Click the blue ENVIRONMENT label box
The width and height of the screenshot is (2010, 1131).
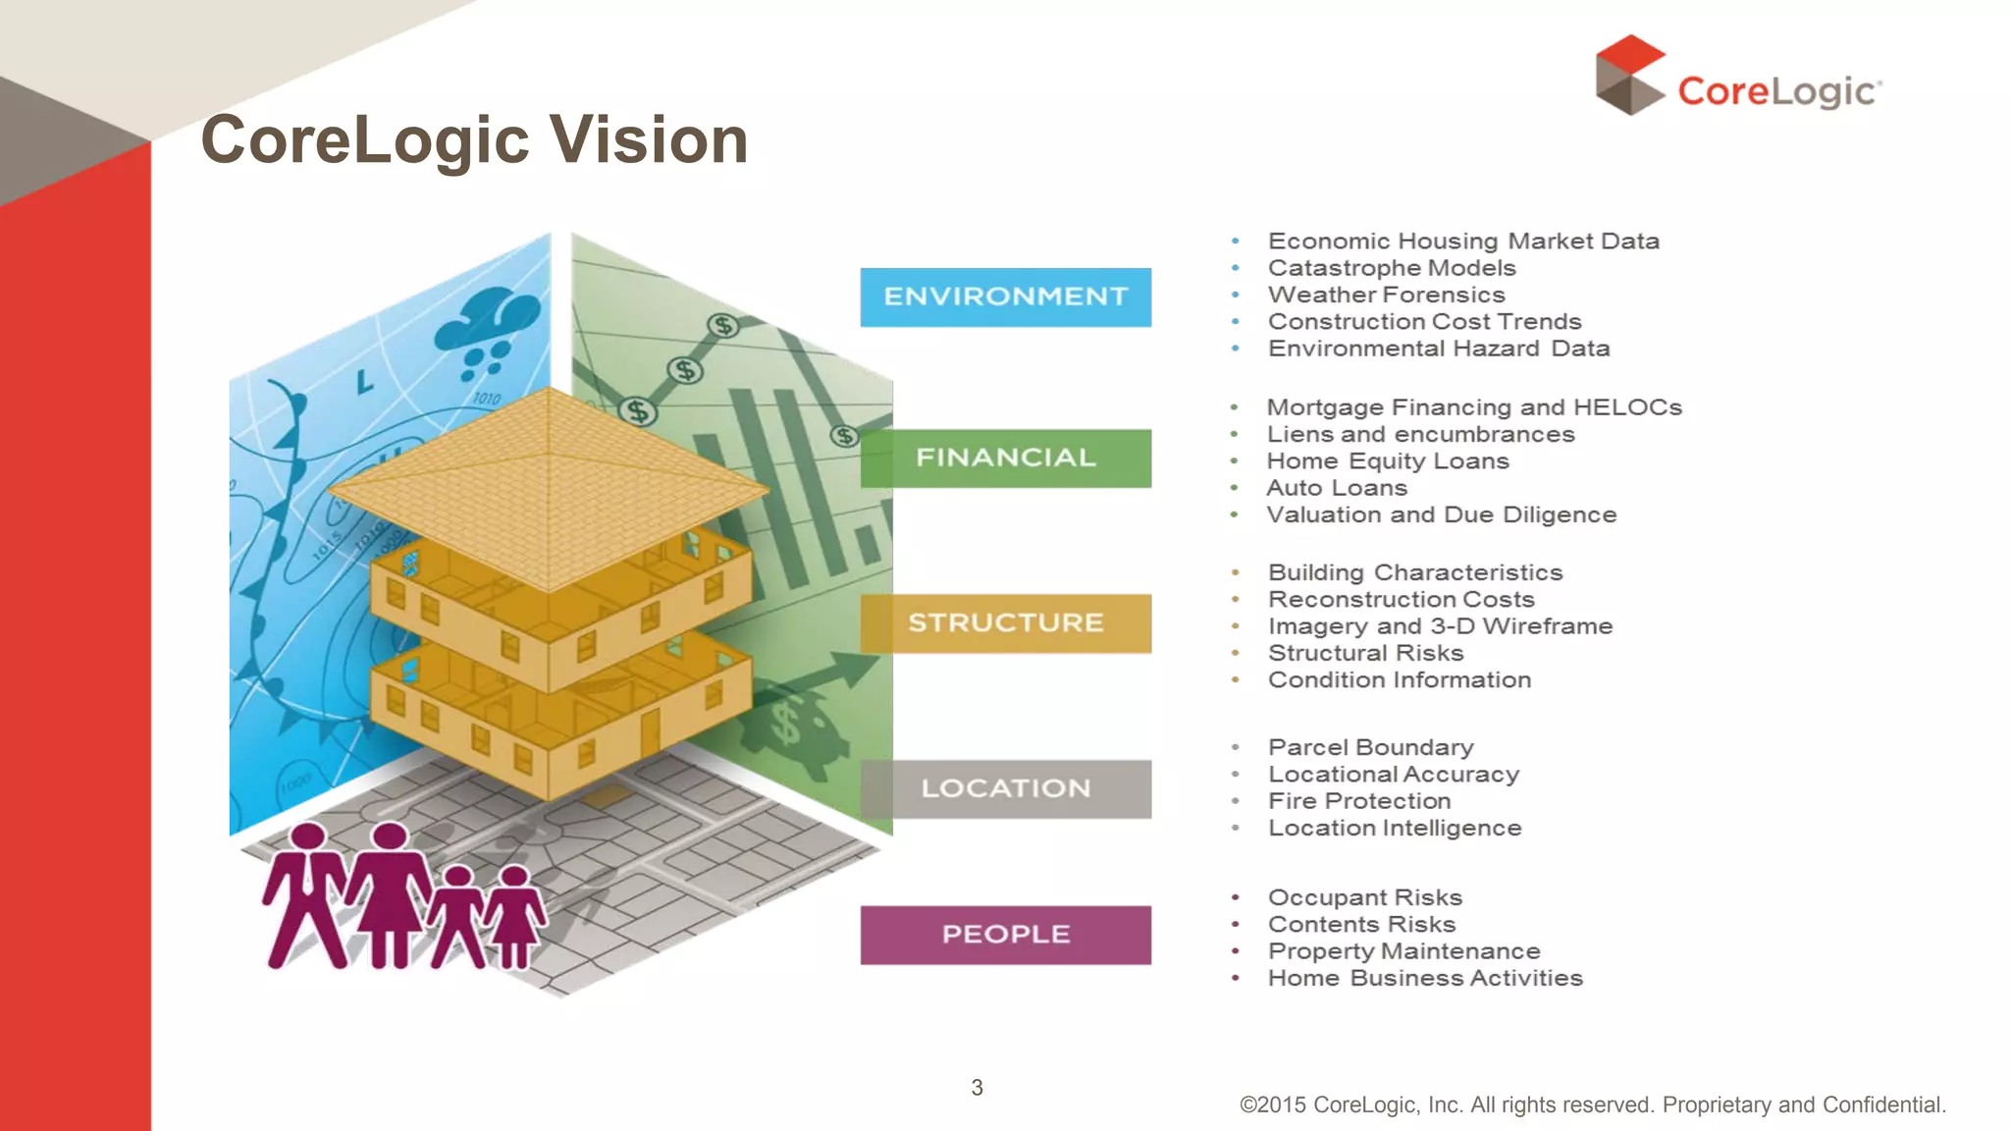point(1005,296)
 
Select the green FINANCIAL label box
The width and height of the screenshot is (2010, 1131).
point(1005,458)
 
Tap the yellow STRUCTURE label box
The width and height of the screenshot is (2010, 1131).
point(1005,622)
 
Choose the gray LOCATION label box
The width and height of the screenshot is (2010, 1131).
point(1005,788)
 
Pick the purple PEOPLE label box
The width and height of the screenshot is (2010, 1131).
point(1005,934)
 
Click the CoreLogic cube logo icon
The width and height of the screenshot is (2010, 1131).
point(1629,75)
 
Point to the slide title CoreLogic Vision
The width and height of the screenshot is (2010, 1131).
point(474,139)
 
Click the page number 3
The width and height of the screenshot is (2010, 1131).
point(977,1087)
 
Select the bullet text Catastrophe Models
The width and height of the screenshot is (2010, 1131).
point(1391,268)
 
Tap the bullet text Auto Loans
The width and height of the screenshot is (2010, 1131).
point(1336,488)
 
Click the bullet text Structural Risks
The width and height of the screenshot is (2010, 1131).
point(1364,653)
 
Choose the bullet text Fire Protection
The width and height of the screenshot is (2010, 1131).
point(1358,801)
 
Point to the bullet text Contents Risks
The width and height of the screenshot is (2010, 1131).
point(1361,924)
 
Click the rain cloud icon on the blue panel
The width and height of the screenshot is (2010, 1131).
point(487,329)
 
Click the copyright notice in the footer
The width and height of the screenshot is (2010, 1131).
point(1592,1104)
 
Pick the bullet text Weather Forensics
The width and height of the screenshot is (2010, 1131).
point(1386,295)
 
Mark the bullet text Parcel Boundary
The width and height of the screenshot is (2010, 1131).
point(1370,747)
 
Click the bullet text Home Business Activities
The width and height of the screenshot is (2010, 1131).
point(1425,978)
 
